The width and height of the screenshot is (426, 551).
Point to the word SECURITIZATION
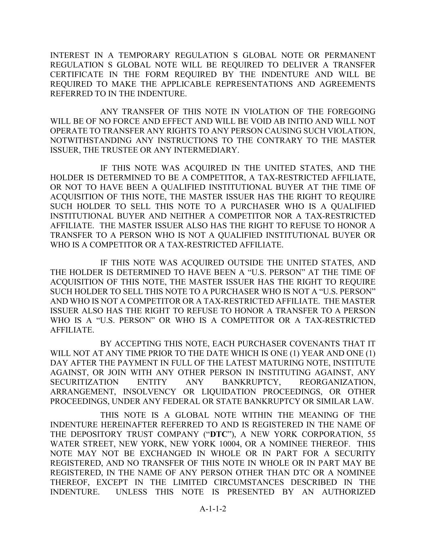pos(84,382)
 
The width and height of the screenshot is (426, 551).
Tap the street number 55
pos(371,435)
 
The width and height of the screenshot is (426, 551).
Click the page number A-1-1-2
pos(213,509)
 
